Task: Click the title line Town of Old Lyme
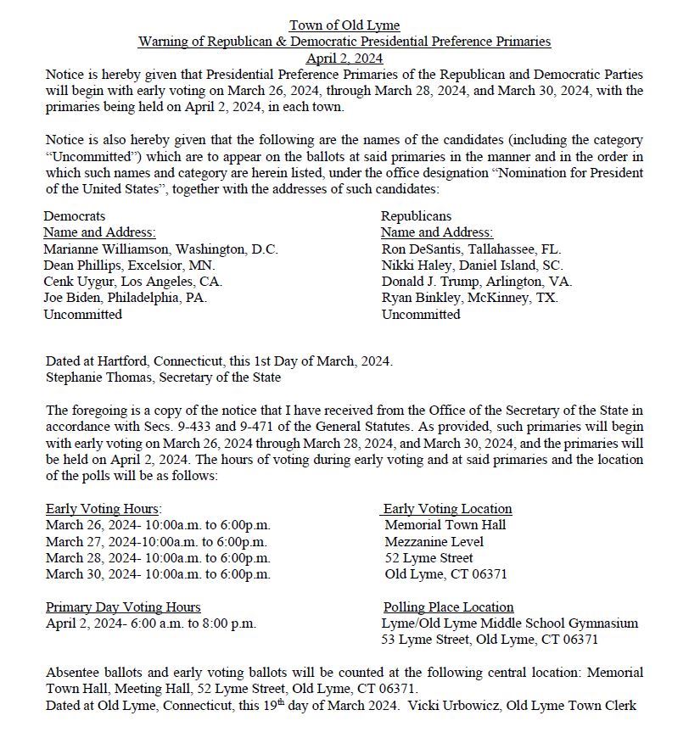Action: click(344, 25)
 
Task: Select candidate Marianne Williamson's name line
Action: click(160, 249)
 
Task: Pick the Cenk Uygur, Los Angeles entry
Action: click(132, 282)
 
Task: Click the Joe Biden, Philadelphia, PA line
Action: click(125, 298)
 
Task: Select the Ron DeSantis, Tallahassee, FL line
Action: click(471, 249)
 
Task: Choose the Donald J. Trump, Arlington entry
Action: click(476, 282)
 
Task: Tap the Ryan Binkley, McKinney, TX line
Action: click(469, 298)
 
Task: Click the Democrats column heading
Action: click(75, 216)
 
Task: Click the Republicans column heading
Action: click(416, 216)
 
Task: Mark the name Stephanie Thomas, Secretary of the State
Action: click(163, 377)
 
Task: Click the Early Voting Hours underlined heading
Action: click(104, 509)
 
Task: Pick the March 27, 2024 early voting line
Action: click(157, 542)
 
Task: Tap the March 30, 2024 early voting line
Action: click(158, 574)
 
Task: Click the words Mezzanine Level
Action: click(434, 542)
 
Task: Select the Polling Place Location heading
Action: click(448, 607)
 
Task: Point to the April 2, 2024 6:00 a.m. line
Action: click(150, 623)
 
